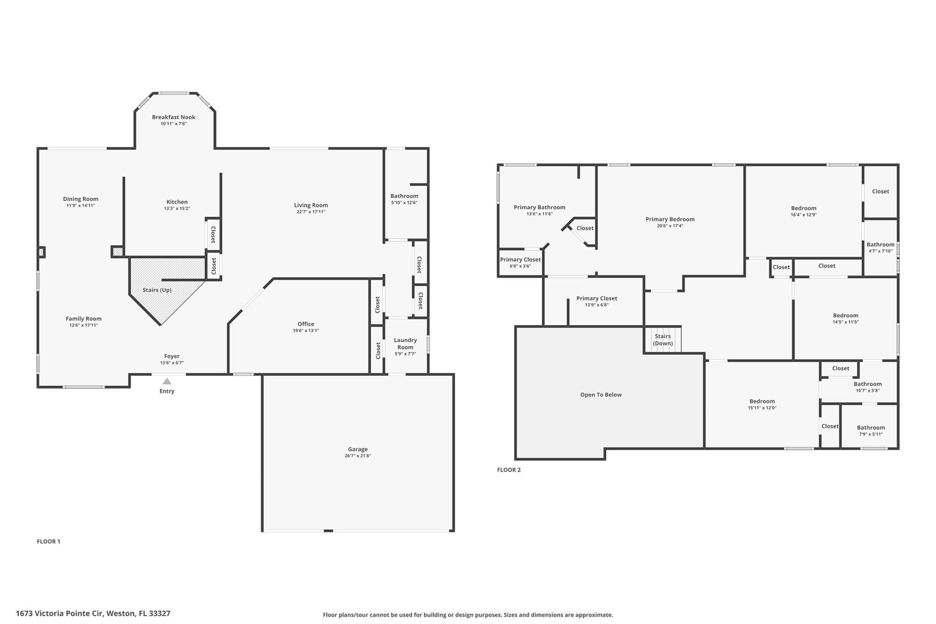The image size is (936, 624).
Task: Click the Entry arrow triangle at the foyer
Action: click(167, 381)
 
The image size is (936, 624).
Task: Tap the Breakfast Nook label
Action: click(174, 117)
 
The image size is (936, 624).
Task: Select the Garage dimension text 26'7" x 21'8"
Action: click(357, 456)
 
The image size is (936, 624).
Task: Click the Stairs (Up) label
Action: click(157, 290)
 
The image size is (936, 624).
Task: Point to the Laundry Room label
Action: click(405, 343)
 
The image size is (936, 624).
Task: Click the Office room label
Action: click(306, 324)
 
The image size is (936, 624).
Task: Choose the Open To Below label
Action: click(601, 395)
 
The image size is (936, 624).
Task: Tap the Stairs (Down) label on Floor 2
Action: click(662, 340)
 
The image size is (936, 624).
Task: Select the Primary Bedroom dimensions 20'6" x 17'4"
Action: click(670, 226)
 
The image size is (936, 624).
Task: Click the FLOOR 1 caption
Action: click(48, 541)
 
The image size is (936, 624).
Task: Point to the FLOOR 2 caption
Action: click(509, 469)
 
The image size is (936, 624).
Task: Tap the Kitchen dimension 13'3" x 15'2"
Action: click(177, 208)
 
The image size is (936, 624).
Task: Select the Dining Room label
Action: click(80, 199)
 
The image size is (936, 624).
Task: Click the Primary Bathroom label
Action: click(539, 207)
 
